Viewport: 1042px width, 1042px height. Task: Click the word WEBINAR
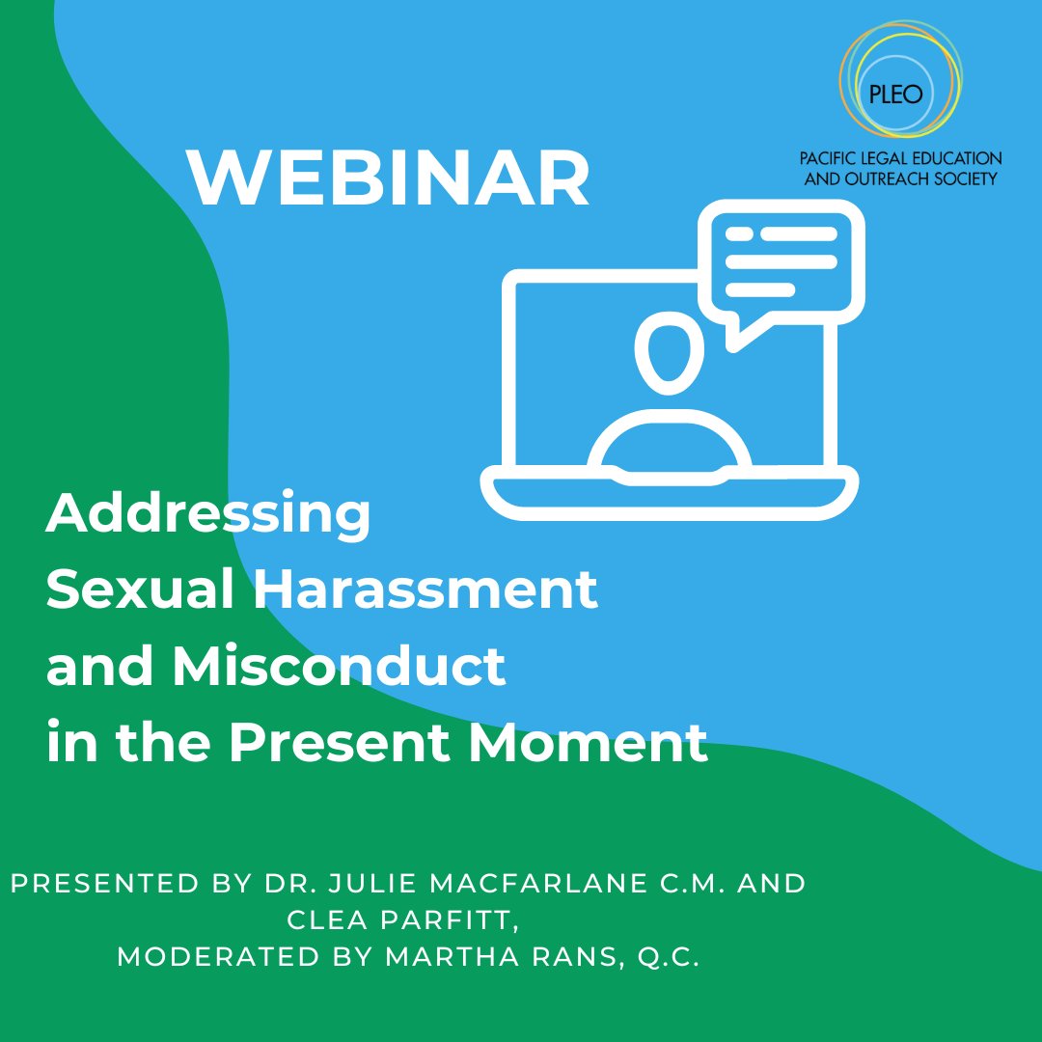pos(388,179)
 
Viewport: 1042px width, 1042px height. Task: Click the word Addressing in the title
pos(207,518)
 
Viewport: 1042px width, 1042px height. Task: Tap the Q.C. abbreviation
pos(667,959)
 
